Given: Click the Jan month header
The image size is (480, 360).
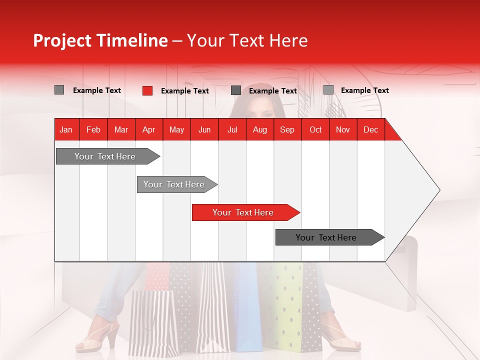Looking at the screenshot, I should click(66, 129).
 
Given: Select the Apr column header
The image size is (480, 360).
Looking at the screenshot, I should click(148, 129).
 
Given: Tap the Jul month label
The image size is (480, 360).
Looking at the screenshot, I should click(232, 129).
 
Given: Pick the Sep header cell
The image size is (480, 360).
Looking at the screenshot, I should click(287, 129).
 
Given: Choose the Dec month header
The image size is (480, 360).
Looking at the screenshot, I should click(370, 129).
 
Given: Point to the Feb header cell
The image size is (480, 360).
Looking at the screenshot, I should click(93, 129).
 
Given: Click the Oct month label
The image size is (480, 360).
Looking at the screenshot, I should click(315, 129).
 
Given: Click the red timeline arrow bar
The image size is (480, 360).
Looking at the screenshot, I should click(245, 212).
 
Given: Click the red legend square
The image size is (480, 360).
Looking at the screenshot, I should click(147, 90).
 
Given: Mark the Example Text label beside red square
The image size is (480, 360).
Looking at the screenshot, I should click(184, 90).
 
